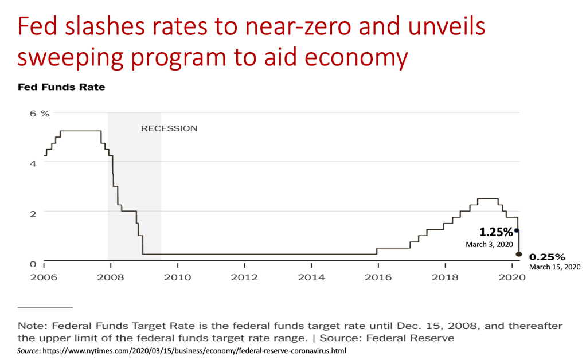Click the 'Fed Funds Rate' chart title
coord(61,88)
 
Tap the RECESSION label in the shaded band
coord(169,128)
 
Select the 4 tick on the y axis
coord(34,163)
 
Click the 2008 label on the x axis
coord(110,277)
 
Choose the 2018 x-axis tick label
coord(444,277)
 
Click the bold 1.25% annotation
coord(496,232)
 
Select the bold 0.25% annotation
coord(547,257)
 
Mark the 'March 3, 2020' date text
coord(489,244)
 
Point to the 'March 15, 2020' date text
coord(554,267)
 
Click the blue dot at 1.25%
coord(517,230)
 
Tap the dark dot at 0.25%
coord(519,254)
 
